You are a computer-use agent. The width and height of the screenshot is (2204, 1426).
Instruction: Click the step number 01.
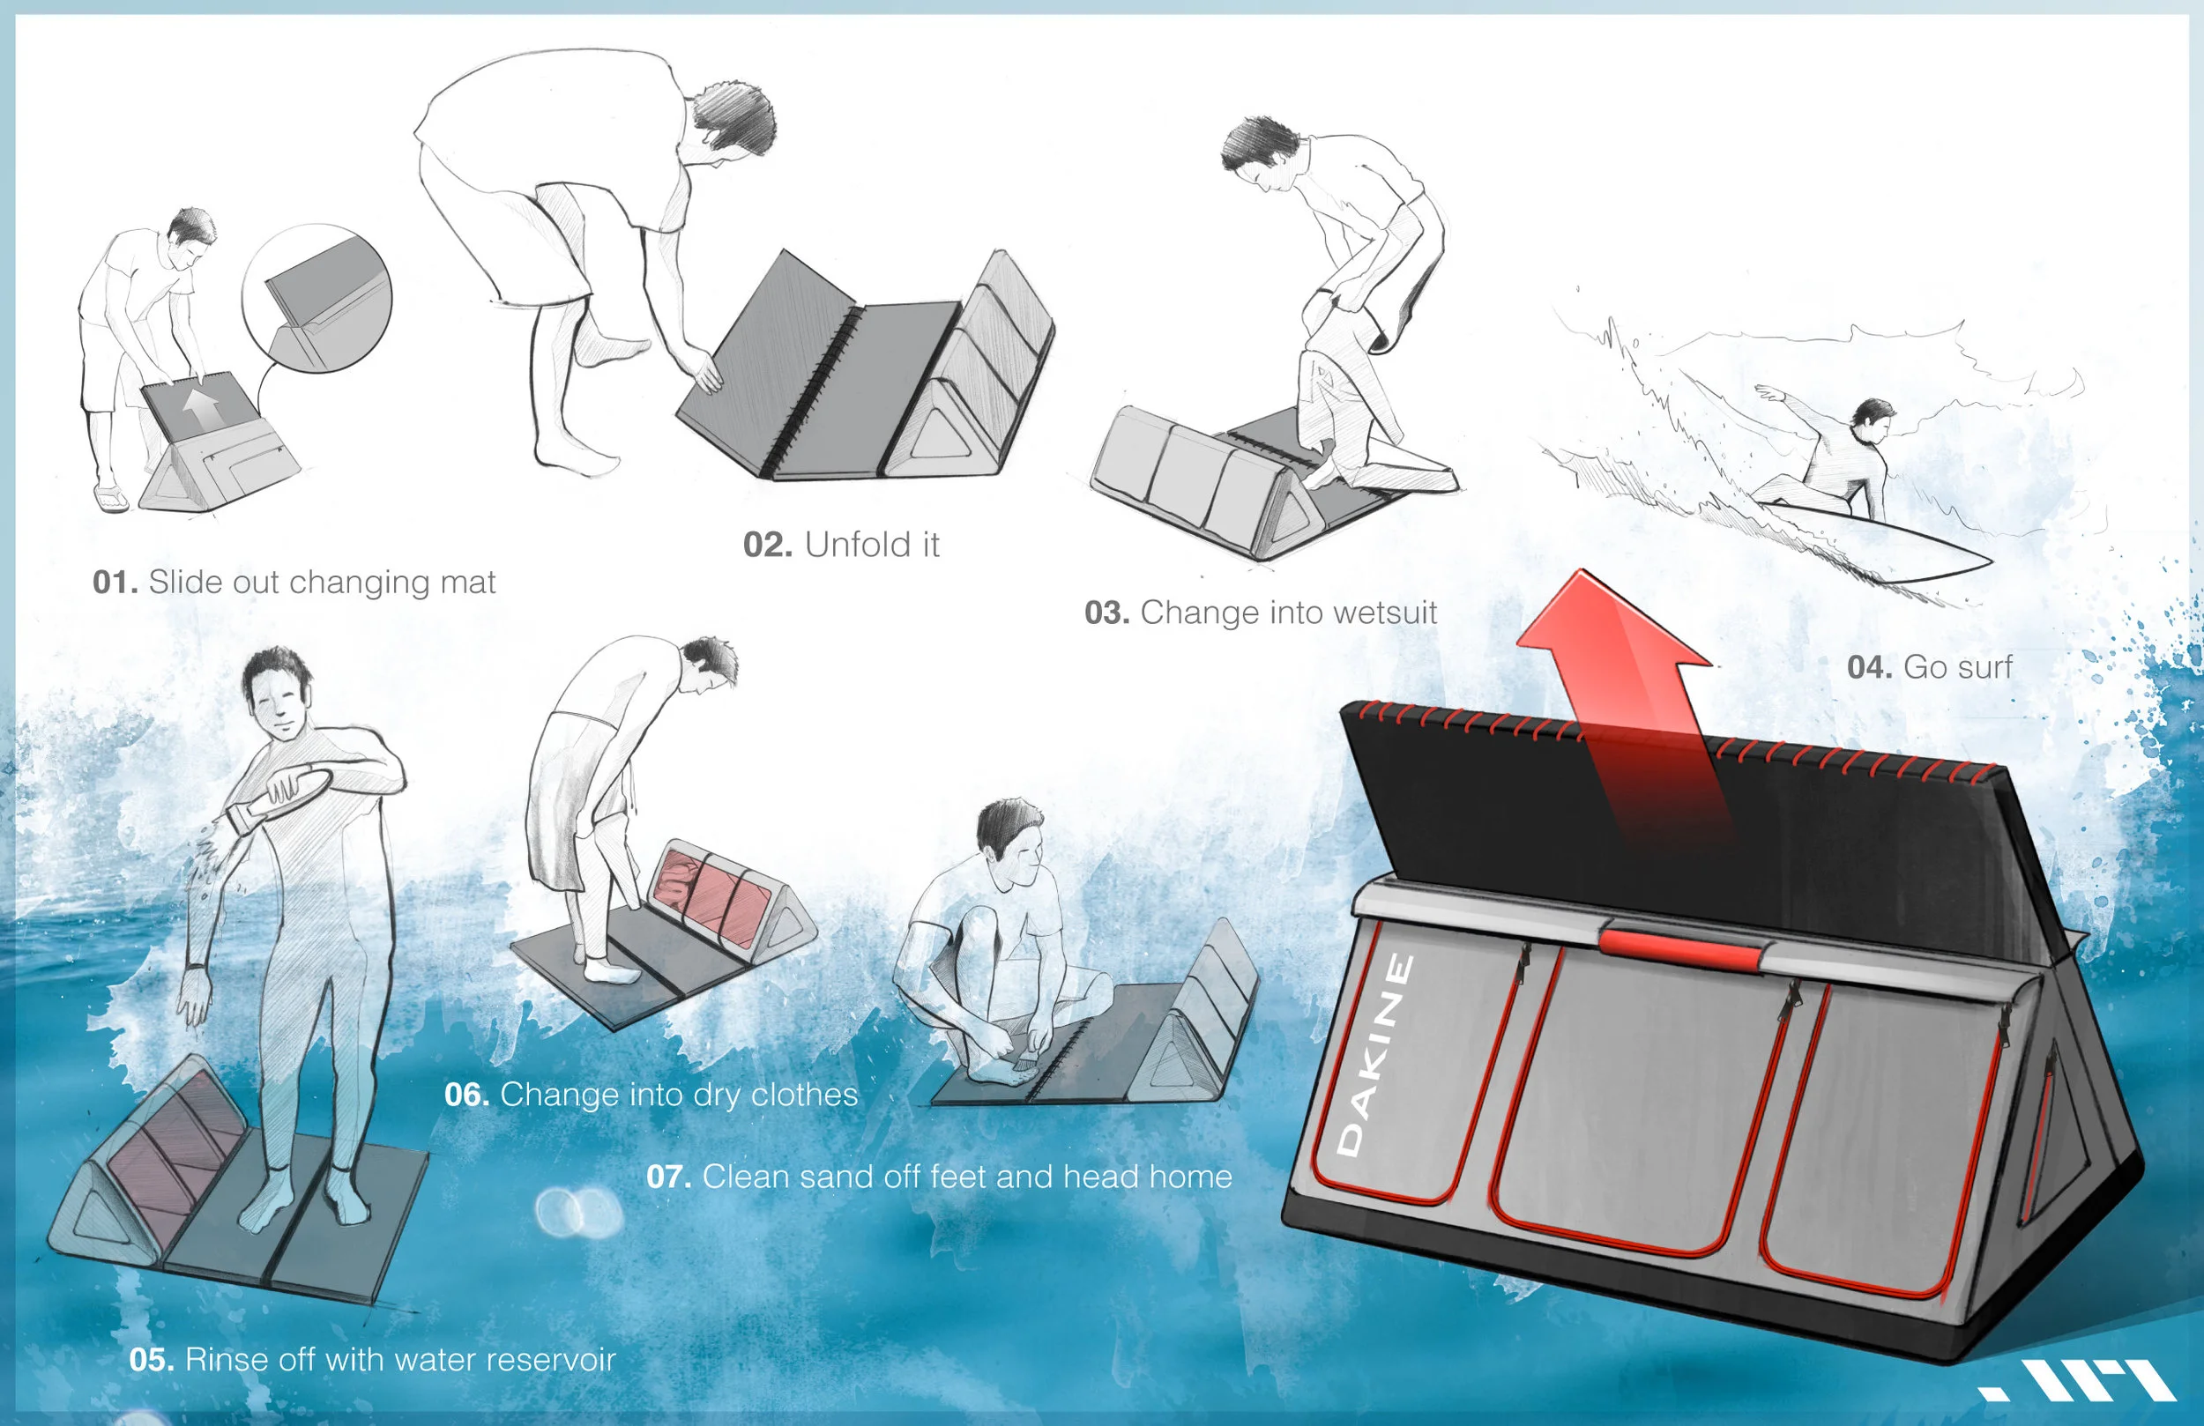pos(115,583)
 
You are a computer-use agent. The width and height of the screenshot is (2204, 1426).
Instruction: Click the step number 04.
pos(1869,666)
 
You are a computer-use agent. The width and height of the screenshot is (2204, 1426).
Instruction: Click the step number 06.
pos(465,1095)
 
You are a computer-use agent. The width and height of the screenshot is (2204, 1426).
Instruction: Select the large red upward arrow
pos(1630,685)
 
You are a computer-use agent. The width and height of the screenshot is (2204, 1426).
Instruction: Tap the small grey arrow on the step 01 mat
pos(201,405)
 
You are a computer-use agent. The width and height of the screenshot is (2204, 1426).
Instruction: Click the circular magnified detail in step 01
pos(316,298)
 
